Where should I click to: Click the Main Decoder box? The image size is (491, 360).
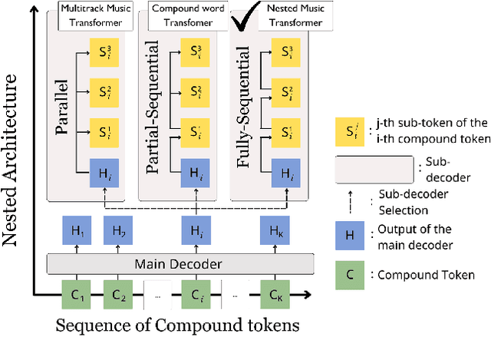[180, 264]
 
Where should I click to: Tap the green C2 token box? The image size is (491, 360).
[118, 294]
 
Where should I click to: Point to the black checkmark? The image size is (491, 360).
[246, 19]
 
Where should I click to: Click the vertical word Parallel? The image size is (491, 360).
[64, 107]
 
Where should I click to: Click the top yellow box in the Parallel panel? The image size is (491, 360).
[104, 53]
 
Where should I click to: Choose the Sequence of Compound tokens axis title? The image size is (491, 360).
[177, 325]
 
